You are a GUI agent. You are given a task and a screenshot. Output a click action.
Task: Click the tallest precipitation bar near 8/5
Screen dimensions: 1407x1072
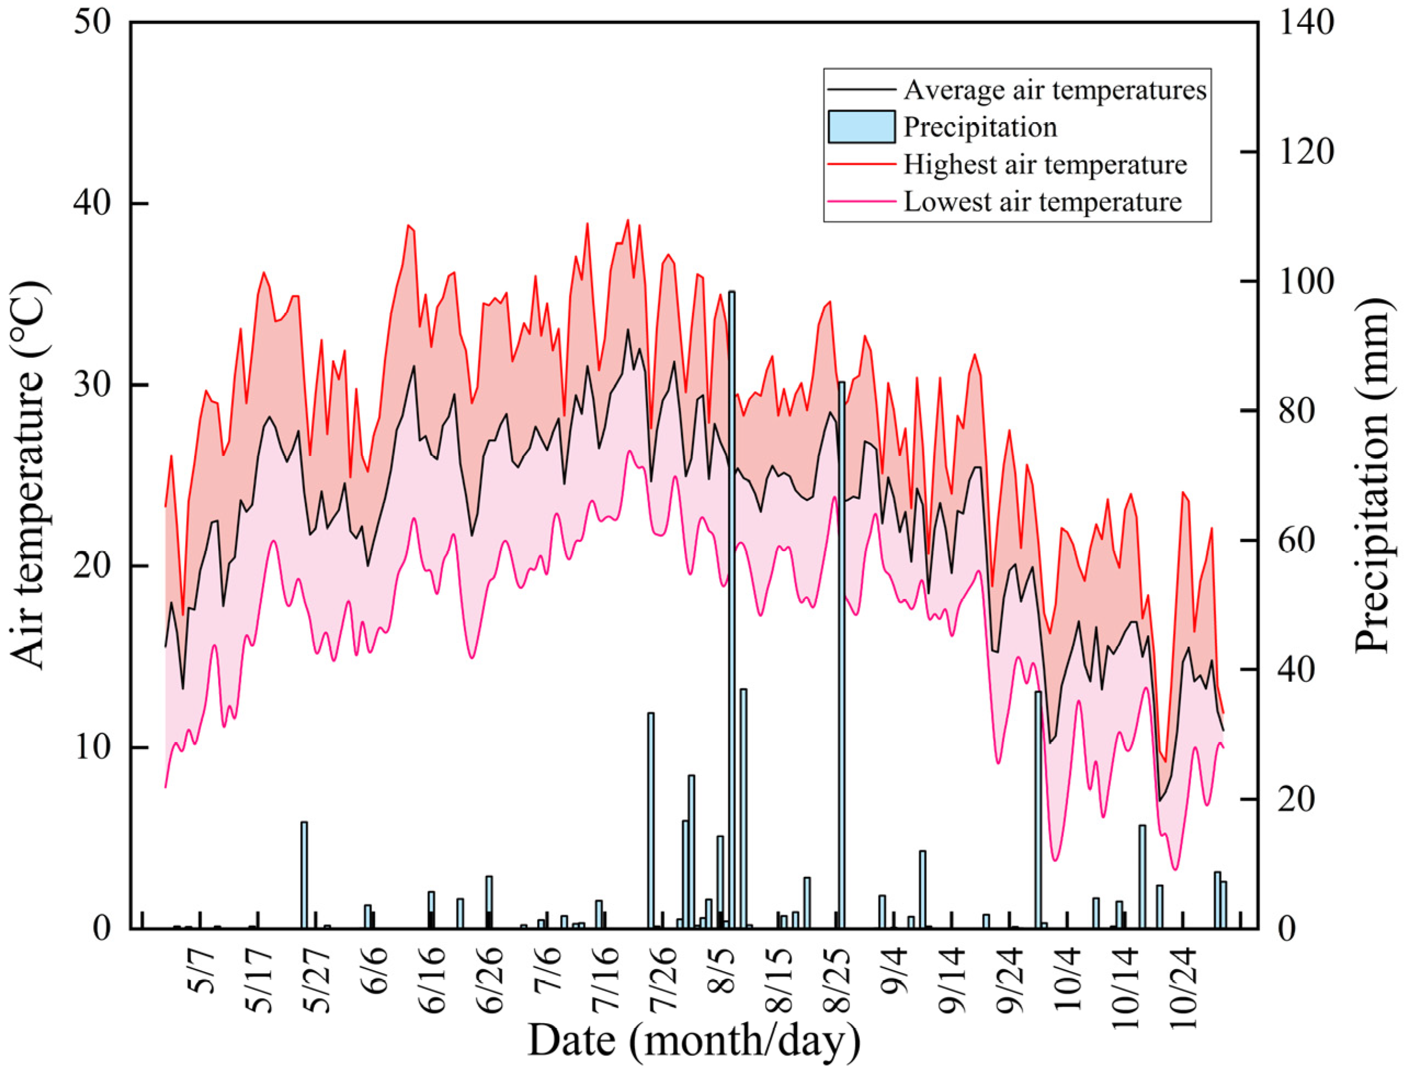(x=732, y=609)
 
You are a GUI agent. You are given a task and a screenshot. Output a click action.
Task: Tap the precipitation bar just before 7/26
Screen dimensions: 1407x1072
(x=651, y=820)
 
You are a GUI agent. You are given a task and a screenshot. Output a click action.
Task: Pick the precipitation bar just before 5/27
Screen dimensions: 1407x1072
(x=304, y=875)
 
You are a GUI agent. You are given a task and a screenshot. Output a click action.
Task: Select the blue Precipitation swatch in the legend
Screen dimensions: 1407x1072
(x=862, y=127)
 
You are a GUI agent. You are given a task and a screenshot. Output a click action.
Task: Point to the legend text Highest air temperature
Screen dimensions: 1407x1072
(x=1045, y=164)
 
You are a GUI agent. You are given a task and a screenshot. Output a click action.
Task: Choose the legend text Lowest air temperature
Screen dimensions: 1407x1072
(x=1043, y=202)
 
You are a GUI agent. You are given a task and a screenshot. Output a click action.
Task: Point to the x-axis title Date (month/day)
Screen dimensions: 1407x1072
(x=693, y=1041)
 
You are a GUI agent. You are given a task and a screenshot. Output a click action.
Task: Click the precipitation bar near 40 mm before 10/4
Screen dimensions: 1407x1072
(x=1038, y=809)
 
